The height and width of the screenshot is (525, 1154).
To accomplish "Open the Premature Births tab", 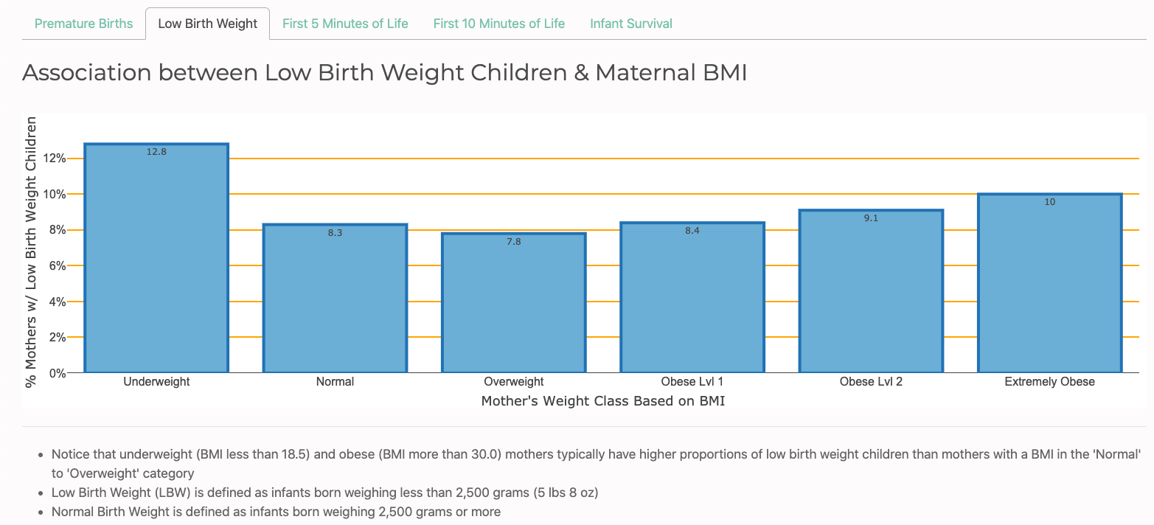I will point(84,24).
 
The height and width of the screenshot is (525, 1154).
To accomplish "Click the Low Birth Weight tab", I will point(208,24).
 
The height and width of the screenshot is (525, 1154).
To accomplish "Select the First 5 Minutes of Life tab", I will point(345,24).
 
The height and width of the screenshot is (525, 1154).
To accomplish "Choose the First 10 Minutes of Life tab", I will point(499,24).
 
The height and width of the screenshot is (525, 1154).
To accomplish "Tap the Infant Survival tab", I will point(631,24).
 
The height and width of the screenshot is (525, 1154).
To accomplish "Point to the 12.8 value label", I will point(156,152).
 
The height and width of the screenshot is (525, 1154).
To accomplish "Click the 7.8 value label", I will point(514,241).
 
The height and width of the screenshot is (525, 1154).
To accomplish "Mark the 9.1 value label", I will point(871,218).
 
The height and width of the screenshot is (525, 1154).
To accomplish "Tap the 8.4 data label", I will point(692,231).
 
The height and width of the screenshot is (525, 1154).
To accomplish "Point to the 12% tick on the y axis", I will point(55,159).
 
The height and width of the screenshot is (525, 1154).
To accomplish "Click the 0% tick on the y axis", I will point(58,373).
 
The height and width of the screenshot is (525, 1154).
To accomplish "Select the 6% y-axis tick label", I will point(58,266).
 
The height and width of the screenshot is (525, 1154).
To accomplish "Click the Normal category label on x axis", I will point(335,382).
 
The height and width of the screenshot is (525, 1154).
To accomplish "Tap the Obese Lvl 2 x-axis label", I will point(871,382).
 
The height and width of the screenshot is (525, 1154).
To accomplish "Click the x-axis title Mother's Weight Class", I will point(603,401).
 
